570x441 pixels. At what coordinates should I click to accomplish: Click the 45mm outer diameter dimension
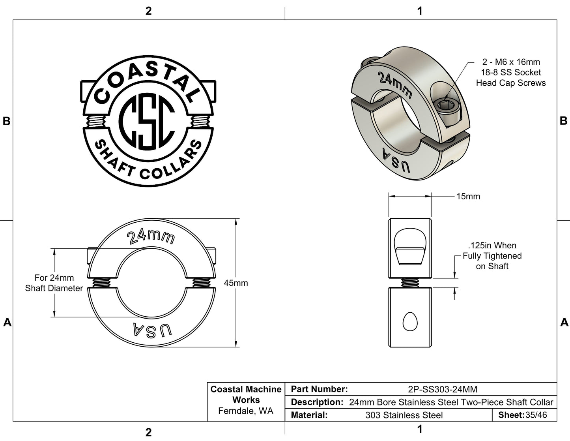(236, 283)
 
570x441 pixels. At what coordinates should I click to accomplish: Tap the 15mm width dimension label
(468, 196)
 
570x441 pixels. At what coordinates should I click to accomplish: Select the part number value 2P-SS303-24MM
(443, 389)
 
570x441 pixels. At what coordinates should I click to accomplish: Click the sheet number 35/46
(536, 415)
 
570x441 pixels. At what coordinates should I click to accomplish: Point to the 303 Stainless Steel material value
(404, 415)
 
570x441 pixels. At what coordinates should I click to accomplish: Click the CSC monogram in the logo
(147, 121)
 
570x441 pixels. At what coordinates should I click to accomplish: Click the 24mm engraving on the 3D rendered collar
(395, 85)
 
